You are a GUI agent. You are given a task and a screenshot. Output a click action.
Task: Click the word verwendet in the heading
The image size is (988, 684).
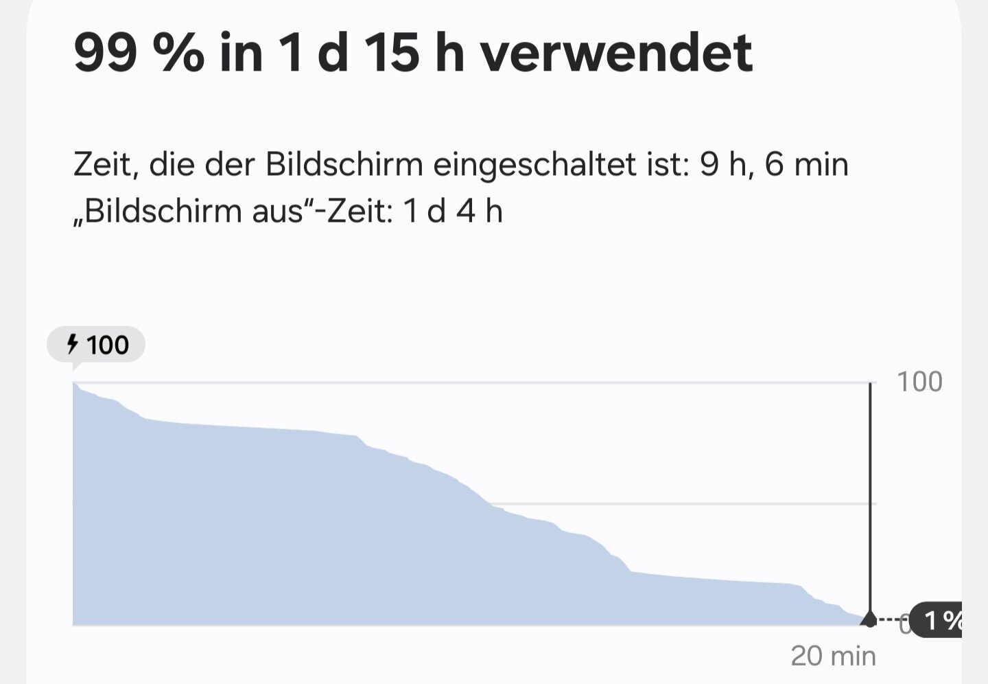click(616, 53)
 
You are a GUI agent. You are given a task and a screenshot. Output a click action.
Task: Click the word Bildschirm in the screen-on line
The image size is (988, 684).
click(344, 166)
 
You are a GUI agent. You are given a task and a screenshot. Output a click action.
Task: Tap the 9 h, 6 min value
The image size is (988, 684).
click(774, 166)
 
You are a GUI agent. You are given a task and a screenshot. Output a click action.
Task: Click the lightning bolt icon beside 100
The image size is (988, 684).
click(72, 344)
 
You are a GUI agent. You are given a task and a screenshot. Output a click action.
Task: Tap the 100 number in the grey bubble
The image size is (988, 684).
click(108, 345)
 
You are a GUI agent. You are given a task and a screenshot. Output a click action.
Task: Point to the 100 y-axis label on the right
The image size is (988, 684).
click(919, 382)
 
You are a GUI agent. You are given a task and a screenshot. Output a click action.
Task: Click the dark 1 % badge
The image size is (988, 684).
click(940, 621)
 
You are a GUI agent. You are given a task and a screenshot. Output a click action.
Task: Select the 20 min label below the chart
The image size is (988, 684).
click(833, 657)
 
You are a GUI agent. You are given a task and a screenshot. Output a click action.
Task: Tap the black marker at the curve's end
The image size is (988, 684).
click(869, 620)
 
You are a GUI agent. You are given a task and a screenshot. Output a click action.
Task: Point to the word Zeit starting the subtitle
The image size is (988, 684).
click(102, 166)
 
